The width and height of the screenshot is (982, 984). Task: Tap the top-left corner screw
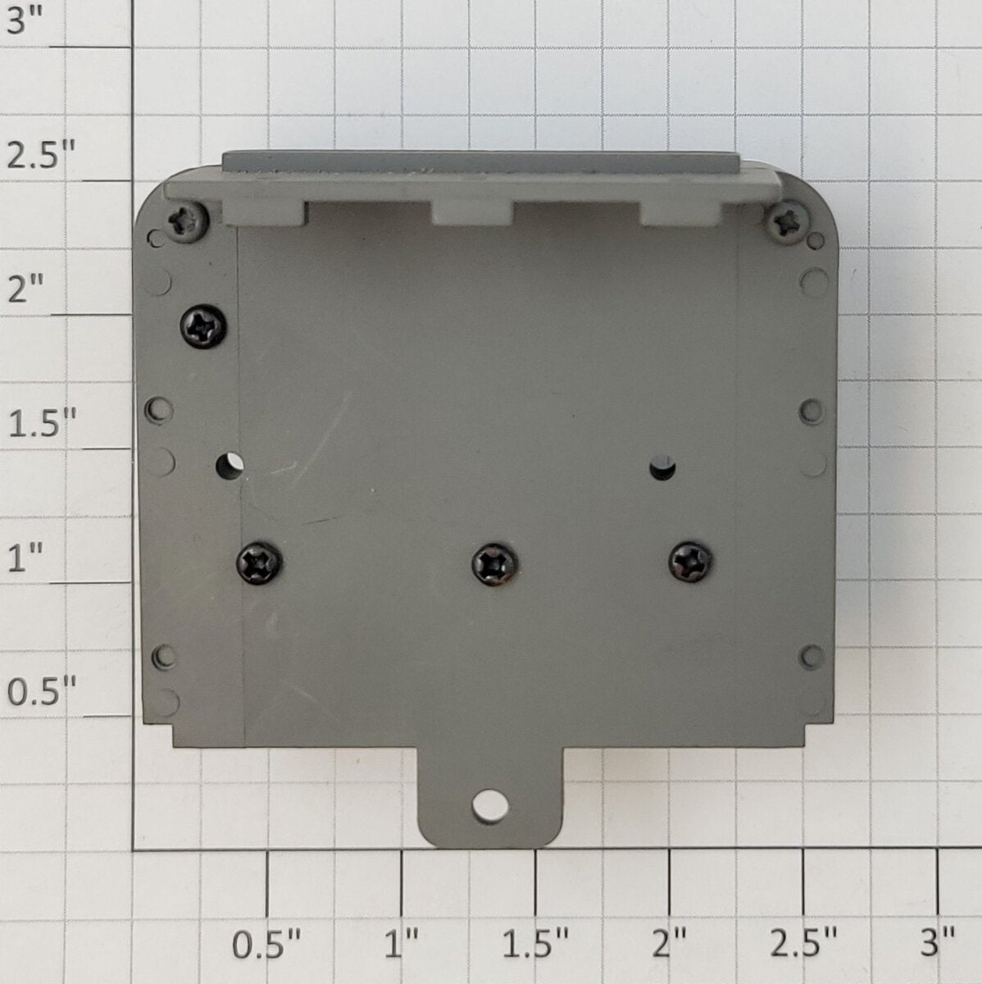188,222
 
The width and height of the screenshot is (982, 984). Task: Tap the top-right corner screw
788,223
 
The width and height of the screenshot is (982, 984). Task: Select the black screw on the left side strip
203,327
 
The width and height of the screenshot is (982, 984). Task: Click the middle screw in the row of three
494,565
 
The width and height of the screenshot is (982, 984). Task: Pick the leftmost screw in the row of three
259,563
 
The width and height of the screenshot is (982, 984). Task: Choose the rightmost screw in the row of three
690,562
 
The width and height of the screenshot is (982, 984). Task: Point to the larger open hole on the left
230,465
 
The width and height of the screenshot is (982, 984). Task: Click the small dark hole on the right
662,467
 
